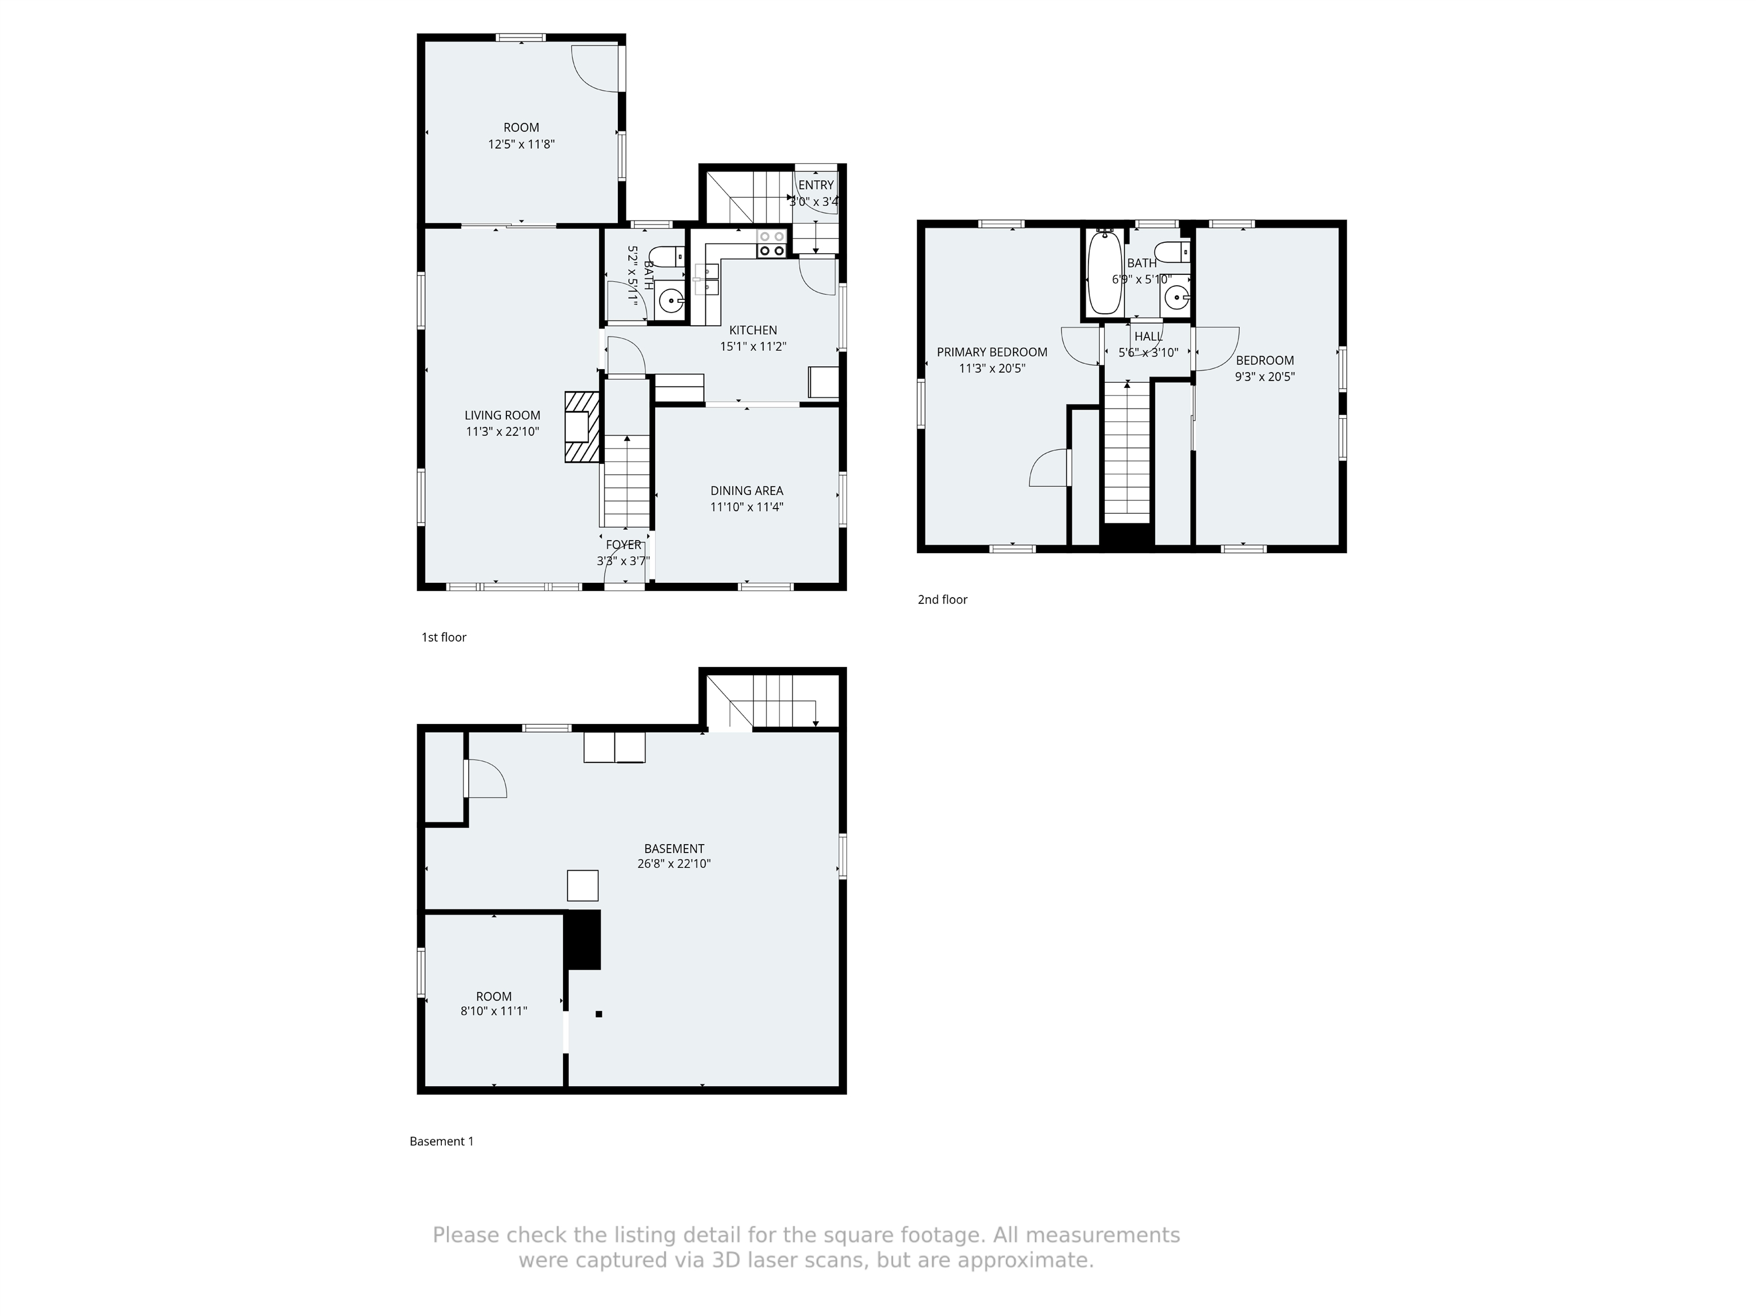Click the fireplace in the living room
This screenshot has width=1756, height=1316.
click(582, 427)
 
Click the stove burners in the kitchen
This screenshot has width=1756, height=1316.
click(771, 243)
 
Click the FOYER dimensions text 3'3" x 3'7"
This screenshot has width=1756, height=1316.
click(623, 561)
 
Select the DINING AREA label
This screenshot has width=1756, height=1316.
click(746, 490)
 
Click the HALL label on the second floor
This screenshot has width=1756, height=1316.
click(1148, 337)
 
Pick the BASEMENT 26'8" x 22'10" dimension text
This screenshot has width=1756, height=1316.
click(673, 863)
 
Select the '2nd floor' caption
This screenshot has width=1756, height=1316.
click(942, 599)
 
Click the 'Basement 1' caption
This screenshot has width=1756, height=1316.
click(441, 1141)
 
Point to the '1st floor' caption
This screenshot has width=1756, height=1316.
click(444, 637)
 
